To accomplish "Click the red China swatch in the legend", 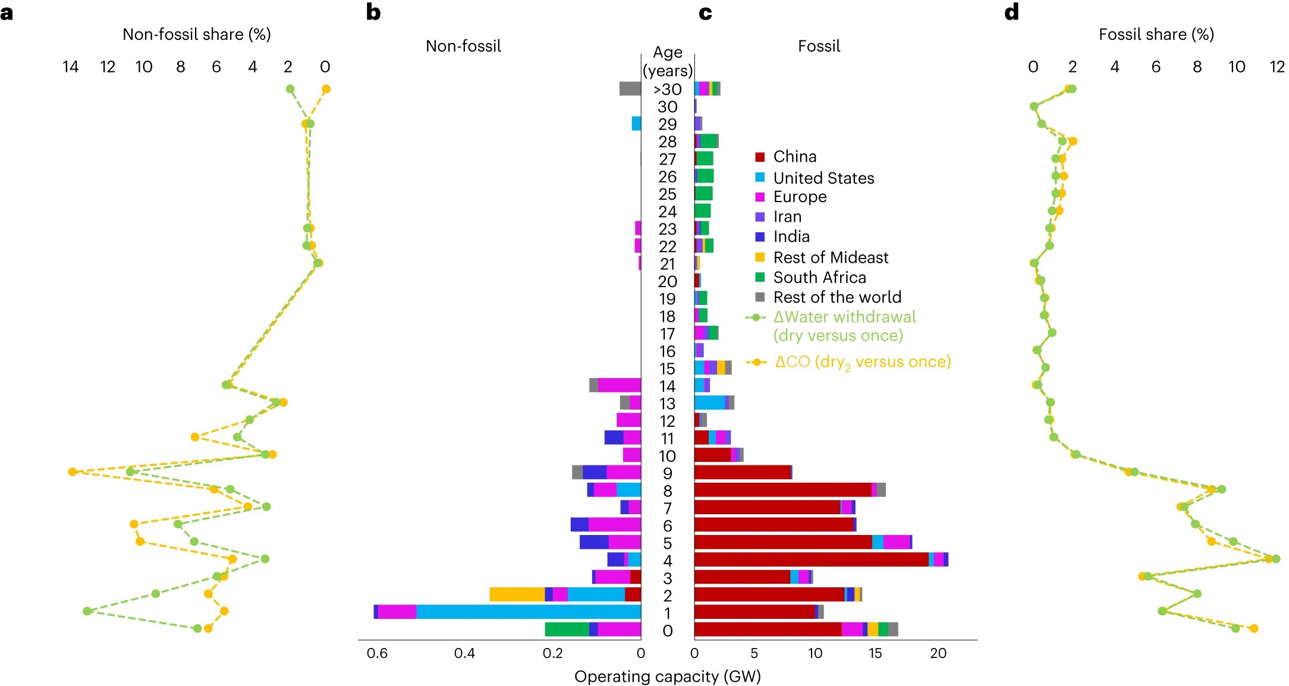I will point(759,157).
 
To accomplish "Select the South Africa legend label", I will point(819,278).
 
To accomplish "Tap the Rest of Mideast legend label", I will point(831,257).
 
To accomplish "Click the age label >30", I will point(667,89).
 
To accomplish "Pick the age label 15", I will point(667,369).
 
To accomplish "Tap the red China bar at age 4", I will point(811,559).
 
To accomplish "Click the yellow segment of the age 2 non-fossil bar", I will point(517,594).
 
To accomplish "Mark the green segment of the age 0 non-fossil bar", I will point(567,630).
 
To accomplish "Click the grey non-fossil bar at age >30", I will point(630,89).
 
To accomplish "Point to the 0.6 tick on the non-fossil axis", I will point(377,653).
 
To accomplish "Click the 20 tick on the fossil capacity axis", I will point(938,653).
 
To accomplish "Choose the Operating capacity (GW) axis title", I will point(667,676).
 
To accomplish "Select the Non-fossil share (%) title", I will point(196,34).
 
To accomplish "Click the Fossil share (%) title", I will point(1156,34).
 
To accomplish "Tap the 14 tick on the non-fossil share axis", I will point(70,67).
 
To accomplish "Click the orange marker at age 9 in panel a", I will point(73,472).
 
